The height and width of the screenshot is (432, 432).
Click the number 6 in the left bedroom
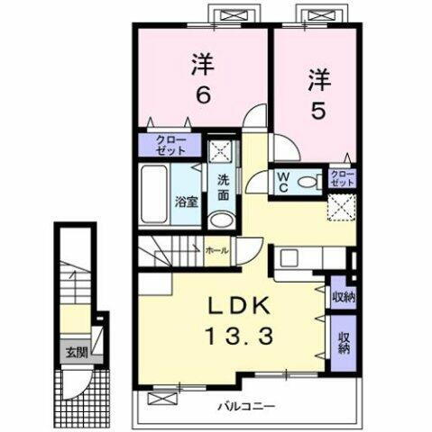(x=202, y=92)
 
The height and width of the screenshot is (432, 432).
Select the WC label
(x=282, y=180)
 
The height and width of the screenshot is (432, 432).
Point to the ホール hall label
(x=216, y=251)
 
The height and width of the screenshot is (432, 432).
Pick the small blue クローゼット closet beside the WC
(x=342, y=177)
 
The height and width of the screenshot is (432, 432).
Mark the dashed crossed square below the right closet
(x=341, y=208)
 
